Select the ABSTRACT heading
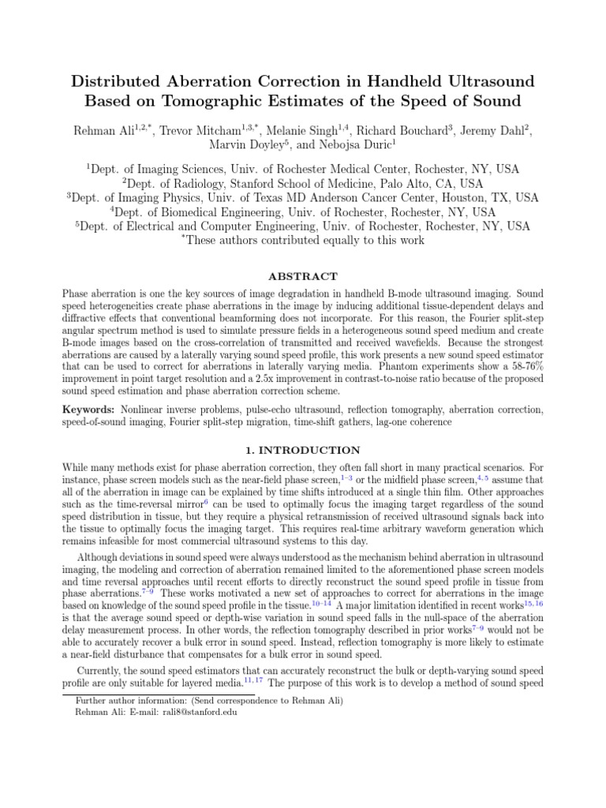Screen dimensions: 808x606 (303, 276)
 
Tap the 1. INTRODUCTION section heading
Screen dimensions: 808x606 (303, 451)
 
